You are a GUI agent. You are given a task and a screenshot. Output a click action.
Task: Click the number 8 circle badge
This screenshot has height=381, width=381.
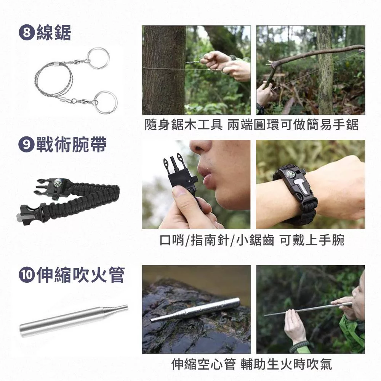(x=26, y=33)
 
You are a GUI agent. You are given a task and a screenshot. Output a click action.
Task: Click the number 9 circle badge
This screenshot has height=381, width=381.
(x=26, y=145)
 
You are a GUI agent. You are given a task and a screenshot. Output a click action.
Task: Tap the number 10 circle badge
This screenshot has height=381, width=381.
(x=26, y=275)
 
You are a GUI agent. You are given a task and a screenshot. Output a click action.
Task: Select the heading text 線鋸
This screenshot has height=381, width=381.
(x=54, y=33)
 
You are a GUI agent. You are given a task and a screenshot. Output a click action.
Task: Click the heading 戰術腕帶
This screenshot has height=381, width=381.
(x=72, y=144)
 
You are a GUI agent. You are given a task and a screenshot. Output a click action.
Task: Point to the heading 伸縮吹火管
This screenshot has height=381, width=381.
(x=80, y=275)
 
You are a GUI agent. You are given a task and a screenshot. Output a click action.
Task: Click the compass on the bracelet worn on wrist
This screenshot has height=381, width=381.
(x=290, y=174)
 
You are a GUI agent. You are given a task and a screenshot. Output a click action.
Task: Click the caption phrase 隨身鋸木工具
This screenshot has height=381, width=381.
(x=184, y=125)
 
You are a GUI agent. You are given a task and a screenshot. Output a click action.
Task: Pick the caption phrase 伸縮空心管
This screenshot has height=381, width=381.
(x=203, y=364)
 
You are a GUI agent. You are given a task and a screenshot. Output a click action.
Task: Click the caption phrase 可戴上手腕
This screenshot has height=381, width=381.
(x=312, y=240)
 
